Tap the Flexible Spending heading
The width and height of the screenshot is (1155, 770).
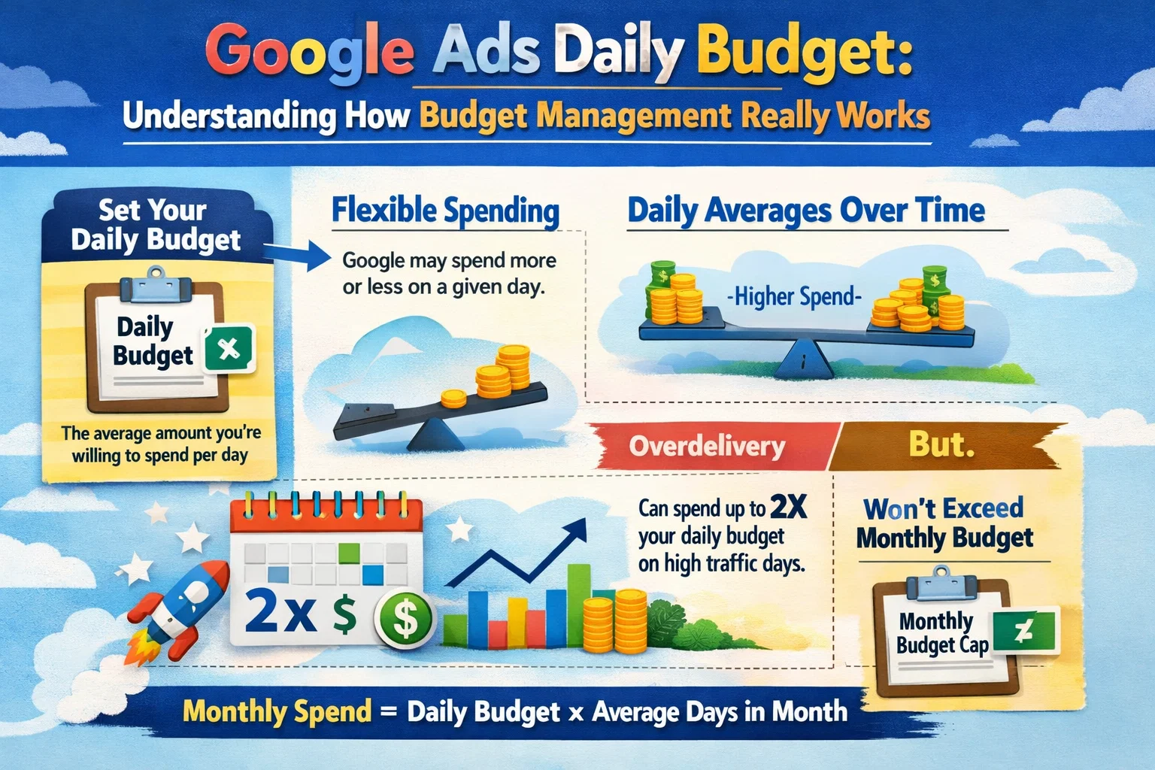(445, 211)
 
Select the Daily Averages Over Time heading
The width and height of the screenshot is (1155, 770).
(806, 211)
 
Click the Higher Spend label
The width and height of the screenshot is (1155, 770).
(794, 297)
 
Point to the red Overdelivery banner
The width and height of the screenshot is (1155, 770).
(707, 447)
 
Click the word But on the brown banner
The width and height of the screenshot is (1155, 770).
(941, 444)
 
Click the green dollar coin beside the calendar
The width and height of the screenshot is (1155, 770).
(405, 619)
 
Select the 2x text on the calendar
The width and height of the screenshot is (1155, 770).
(280, 613)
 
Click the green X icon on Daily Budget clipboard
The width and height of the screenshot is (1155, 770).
(229, 349)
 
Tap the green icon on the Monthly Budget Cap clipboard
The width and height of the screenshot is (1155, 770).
(1025, 632)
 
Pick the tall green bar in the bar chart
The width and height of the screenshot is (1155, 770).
(578, 602)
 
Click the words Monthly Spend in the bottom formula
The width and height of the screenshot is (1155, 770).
(277, 711)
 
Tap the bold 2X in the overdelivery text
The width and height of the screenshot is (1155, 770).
(788, 508)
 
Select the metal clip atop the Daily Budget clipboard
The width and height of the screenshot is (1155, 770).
(156, 286)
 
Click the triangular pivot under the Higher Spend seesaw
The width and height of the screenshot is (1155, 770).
(804, 359)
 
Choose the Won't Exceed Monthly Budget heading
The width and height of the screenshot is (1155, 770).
(944, 523)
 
